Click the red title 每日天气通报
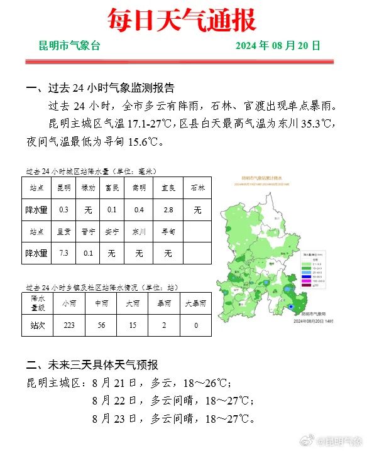click(182, 20)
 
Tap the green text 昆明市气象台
click(69, 46)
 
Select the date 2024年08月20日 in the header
click(278, 46)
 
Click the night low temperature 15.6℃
click(134, 141)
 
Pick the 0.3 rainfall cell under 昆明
click(63, 209)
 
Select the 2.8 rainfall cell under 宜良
click(168, 209)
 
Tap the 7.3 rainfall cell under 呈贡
click(63, 253)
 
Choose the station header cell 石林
click(197, 188)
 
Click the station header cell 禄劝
click(89, 188)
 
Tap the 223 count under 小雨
click(69, 325)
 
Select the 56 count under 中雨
click(101, 325)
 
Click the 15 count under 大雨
click(133, 325)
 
